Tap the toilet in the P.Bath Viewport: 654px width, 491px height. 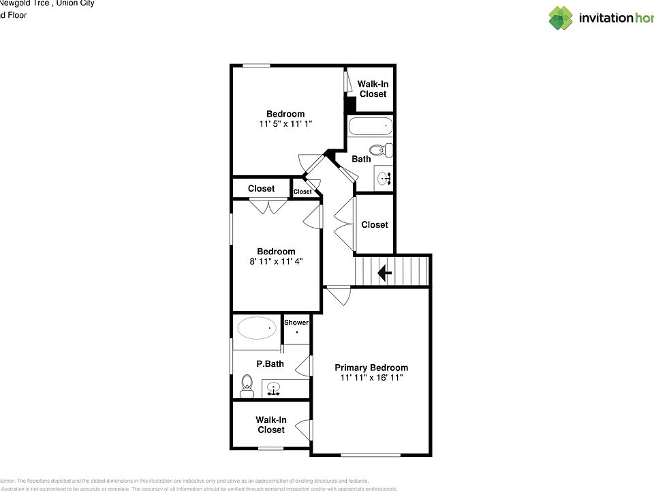pyautogui.click(x=247, y=386)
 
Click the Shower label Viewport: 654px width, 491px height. pyautogui.click(x=296, y=323)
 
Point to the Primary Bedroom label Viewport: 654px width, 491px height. pyautogui.click(x=371, y=367)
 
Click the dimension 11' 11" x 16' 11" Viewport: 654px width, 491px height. pyautogui.click(x=371, y=377)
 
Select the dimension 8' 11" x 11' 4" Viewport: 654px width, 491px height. pyautogui.click(x=276, y=261)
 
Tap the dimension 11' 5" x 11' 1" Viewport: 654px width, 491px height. pyautogui.click(x=285, y=124)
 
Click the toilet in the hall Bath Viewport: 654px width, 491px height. pyautogui.click(x=380, y=149)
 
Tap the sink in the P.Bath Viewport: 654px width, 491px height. pyautogui.click(x=273, y=390)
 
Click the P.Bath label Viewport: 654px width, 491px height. pyautogui.click(x=270, y=363)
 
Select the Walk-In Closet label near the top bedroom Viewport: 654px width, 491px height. pyautogui.click(x=373, y=89)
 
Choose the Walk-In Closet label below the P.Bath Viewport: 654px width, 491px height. pyautogui.click(x=270, y=425)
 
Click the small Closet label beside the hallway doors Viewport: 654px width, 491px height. pyautogui.click(x=302, y=192)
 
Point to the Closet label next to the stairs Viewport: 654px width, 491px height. pyautogui.click(x=374, y=224)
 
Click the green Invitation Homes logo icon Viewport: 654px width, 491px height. pyautogui.click(x=561, y=18)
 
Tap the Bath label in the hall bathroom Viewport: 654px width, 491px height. pyautogui.click(x=361, y=159)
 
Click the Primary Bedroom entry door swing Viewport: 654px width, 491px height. pyautogui.click(x=337, y=296)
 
